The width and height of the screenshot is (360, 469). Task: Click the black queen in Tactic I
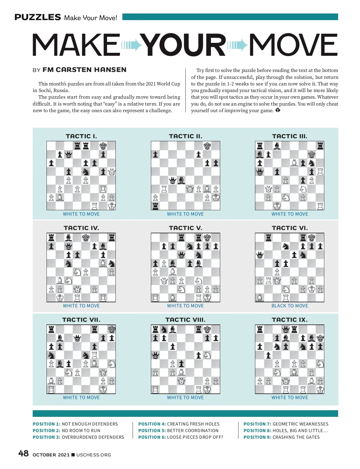[x=68, y=155]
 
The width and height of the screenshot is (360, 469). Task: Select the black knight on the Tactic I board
[x=86, y=172]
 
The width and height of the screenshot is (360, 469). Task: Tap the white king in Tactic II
[x=216, y=197]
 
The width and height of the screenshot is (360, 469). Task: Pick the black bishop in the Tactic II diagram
[x=181, y=180]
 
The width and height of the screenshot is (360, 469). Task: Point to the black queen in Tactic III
[x=259, y=172]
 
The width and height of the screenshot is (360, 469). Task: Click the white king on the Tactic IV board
[x=60, y=298]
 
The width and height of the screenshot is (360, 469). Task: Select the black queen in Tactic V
[x=181, y=255]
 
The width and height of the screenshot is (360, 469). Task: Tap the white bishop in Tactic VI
[x=259, y=298]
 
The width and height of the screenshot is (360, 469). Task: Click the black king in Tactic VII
[x=112, y=329]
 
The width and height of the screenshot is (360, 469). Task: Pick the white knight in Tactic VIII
[x=207, y=355]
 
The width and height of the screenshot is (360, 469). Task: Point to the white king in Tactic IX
[x=320, y=390]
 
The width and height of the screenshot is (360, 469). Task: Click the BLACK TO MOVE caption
[x=289, y=306]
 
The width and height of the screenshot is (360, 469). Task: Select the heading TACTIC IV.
[x=81, y=228]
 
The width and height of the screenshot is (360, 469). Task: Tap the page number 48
[x=23, y=453]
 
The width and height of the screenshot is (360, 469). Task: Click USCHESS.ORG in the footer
[x=94, y=455]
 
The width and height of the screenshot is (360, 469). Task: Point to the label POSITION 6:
[x=151, y=437]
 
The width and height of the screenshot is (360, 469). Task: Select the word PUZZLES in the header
[x=38, y=17]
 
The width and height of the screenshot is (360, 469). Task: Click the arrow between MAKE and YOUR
[x=131, y=45]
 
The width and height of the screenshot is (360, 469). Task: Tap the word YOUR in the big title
[x=183, y=45]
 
